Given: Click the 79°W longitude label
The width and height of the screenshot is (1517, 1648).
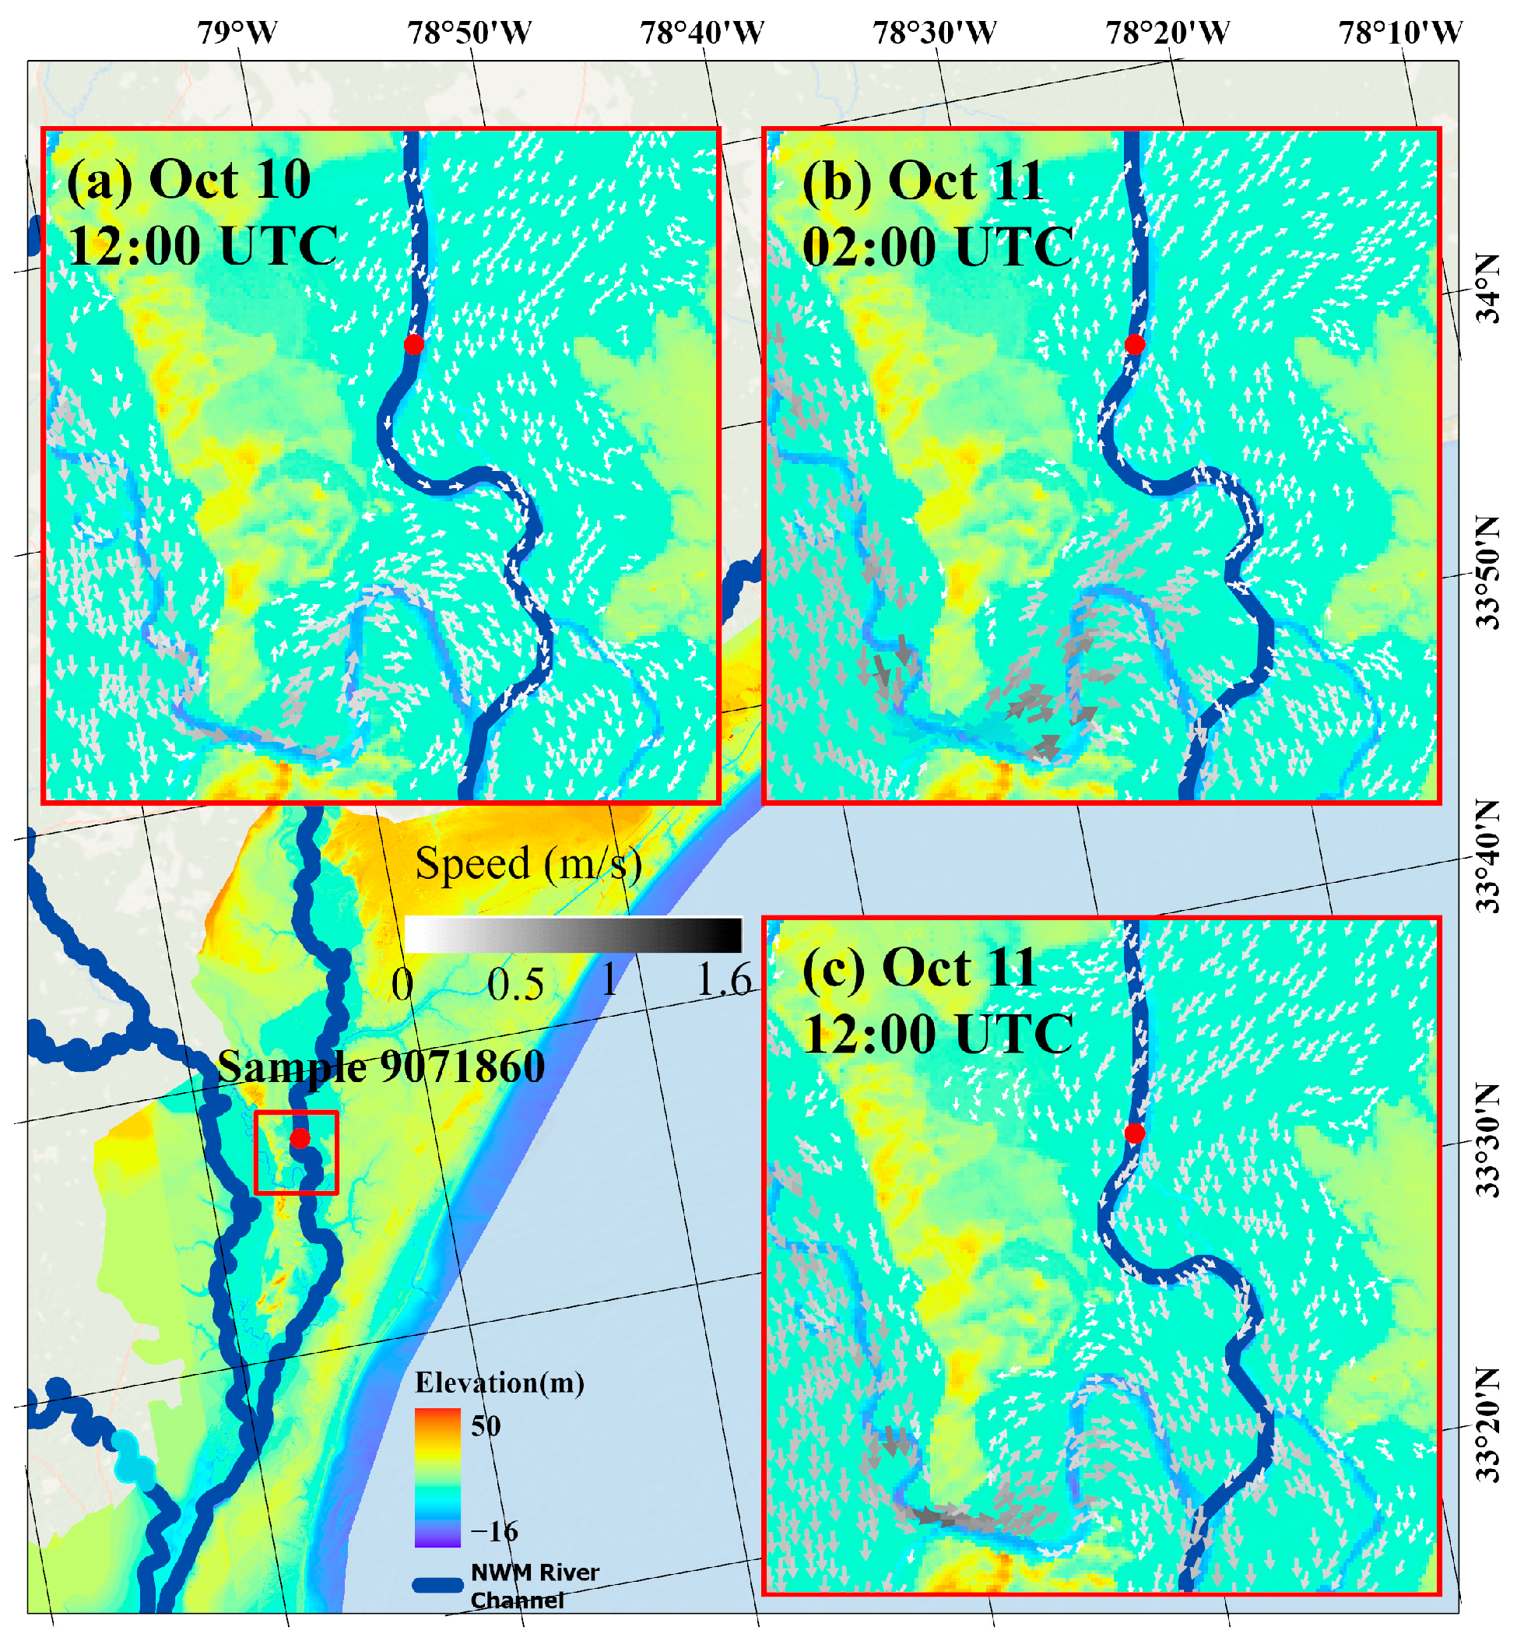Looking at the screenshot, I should click(x=237, y=33).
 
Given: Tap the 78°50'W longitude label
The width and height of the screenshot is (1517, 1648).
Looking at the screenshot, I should click(x=469, y=33).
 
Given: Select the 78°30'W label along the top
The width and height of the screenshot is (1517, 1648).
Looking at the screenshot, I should click(x=934, y=33).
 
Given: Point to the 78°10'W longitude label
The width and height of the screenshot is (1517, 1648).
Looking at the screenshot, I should click(x=1400, y=33).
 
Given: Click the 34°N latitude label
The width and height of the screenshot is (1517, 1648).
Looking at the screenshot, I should click(x=1488, y=288).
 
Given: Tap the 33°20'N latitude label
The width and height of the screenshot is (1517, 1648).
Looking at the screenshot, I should click(x=1488, y=1425).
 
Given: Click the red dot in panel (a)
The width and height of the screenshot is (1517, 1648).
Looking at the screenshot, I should click(x=414, y=344).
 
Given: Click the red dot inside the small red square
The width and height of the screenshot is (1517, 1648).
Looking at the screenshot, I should click(x=300, y=1138).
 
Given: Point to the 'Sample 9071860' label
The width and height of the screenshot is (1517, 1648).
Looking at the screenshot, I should click(x=381, y=1066).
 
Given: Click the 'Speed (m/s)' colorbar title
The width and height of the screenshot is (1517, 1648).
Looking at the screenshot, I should click(x=528, y=864).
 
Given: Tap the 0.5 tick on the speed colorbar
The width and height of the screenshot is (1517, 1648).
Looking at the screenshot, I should click(x=515, y=983).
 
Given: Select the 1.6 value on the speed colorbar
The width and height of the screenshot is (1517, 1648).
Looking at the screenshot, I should click(x=723, y=979).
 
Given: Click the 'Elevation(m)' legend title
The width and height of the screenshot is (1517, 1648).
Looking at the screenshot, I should click(x=500, y=1383).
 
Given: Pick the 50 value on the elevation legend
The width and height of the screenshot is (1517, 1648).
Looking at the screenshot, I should click(x=485, y=1426).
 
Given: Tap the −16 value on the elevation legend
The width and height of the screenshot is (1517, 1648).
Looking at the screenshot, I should click(x=494, y=1530).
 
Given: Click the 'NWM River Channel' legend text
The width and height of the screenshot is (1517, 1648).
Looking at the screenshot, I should click(x=535, y=1586).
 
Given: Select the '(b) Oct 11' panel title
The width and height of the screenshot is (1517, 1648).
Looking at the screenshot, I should click(x=922, y=180).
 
